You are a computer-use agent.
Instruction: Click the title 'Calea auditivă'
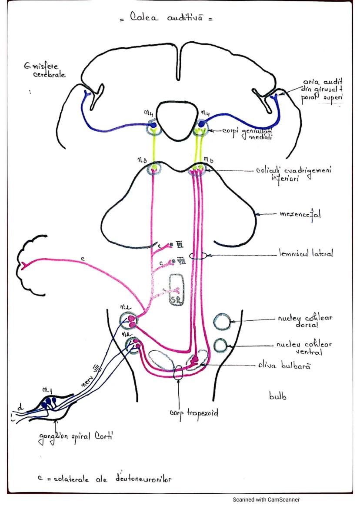(166, 18)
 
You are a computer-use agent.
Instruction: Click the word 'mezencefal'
(300, 214)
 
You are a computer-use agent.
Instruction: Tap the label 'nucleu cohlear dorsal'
(305, 321)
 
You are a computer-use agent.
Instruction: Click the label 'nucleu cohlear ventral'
(304, 348)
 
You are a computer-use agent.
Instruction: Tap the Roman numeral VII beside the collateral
(180, 261)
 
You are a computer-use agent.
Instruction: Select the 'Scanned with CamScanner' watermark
(266, 500)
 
